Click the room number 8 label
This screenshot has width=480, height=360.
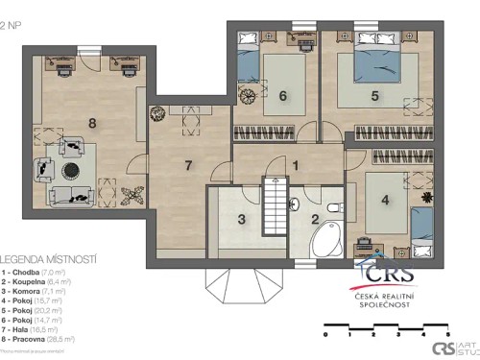92,122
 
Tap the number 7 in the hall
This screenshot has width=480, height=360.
188,165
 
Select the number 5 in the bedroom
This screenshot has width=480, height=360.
375,95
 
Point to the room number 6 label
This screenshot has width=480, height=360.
283,95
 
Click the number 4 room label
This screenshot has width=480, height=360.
385,201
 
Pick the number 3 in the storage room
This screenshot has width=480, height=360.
242,220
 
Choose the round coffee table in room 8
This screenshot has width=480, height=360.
72,170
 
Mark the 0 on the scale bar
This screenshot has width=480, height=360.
325,334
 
